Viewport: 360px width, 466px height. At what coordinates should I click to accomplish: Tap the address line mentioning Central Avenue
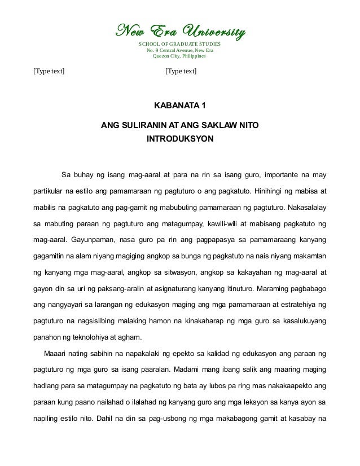[x=180, y=51]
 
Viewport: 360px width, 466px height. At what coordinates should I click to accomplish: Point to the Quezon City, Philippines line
[x=180, y=57]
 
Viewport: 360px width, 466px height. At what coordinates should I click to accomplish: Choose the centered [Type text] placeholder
[x=181, y=72]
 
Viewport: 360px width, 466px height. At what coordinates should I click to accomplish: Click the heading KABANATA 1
[x=180, y=106]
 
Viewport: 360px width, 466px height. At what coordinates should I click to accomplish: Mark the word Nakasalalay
[x=302, y=207]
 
